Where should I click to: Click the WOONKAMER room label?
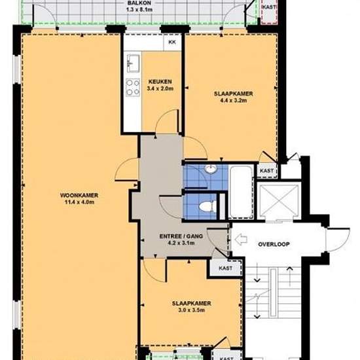click(x=79, y=196)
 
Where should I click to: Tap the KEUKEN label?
click(x=160, y=82)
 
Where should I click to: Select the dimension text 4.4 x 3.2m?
click(x=233, y=100)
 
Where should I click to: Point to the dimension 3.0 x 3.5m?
click(x=192, y=310)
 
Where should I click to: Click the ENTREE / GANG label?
click(x=181, y=236)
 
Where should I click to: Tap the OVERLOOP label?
click(x=274, y=244)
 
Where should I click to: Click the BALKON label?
click(x=139, y=3)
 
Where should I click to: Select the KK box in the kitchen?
click(x=172, y=43)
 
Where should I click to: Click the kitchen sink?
click(x=133, y=63)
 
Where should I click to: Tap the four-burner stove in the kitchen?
click(x=133, y=87)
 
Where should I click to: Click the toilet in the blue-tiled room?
click(x=207, y=206)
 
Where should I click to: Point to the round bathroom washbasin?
click(x=211, y=169)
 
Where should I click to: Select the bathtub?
click(x=241, y=192)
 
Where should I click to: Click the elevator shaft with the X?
click(x=279, y=202)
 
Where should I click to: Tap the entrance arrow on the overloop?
click(x=241, y=240)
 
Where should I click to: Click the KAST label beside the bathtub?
click(x=267, y=171)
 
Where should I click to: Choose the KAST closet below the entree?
click(x=225, y=268)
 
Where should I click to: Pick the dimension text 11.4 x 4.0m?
click(x=79, y=202)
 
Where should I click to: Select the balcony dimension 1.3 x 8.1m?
click(x=139, y=10)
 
